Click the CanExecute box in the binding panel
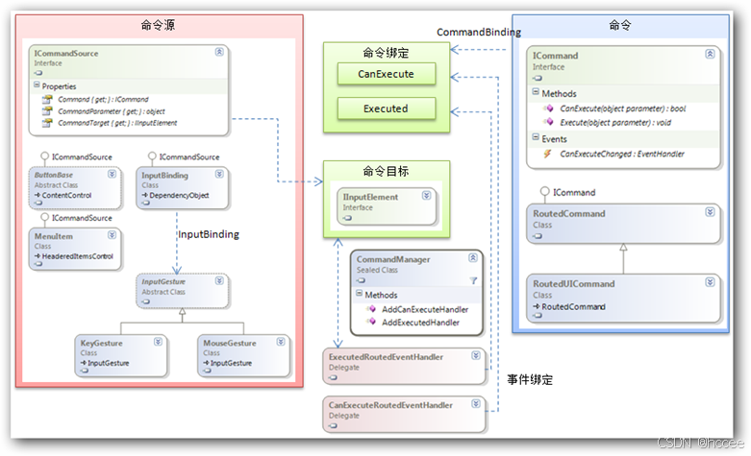pos(386,73)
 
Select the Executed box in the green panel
pos(386,108)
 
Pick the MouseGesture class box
pos(241,352)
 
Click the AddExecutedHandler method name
pos(420,323)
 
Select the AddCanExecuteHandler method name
pos(426,309)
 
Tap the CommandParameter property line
pos(112,111)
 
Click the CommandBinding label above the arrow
pos(479,32)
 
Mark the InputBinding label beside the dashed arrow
pos(209,234)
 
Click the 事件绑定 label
pos(529,380)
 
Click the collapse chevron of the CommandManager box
pos(472,258)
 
